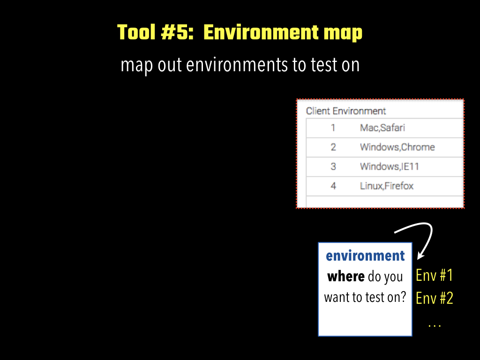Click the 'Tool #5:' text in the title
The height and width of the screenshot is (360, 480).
pos(156,32)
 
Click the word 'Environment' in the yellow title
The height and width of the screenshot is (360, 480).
pos(261,32)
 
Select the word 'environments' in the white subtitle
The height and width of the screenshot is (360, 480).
pos(237,65)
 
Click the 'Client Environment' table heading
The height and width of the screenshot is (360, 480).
pos(346,111)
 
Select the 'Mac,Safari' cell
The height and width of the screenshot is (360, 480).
pos(382,127)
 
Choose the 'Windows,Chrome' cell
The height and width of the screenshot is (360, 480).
pos(397,147)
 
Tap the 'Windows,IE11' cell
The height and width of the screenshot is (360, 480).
pos(390,166)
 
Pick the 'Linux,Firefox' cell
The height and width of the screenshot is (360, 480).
pos(387,186)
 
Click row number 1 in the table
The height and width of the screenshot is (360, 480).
pos(333,127)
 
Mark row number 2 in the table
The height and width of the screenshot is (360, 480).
pos(333,147)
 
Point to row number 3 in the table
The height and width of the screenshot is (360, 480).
pos(333,166)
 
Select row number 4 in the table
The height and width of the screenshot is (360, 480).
pos(333,186)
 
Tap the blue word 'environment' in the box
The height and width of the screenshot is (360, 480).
pos(365,256)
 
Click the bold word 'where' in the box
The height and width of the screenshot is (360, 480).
pos(346,277)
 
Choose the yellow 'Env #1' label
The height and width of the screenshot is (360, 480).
pos(435,275)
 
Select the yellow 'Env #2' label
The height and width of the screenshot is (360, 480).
pos(435,298)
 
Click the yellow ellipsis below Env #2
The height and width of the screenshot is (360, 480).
pos(435,326)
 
